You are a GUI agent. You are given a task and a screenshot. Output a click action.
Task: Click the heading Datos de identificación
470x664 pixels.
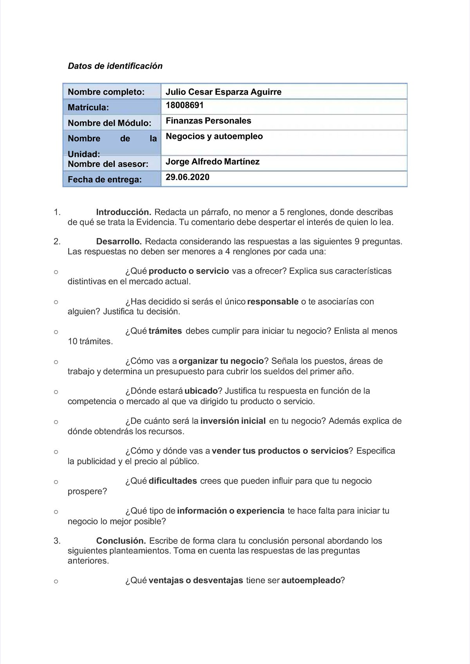tap(115, 66)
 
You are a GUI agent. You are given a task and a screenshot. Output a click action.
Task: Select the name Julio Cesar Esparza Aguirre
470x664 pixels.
tap(223, 92)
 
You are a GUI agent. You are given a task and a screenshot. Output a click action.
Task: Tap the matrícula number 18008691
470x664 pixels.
tap(184, 105)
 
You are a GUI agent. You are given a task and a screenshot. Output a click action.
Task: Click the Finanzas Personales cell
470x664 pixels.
tap(208, 121)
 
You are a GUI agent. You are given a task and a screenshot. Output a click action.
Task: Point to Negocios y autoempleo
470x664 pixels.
tap(214, 136)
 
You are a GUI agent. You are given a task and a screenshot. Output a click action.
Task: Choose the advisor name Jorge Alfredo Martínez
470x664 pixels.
tap(212, 162)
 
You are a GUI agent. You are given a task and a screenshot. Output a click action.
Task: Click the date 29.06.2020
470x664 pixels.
tap(187, 177)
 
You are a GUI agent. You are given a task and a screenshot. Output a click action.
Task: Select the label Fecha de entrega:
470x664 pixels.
tap(105, 179)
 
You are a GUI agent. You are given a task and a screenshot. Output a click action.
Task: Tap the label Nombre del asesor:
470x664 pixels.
tap(108, 164)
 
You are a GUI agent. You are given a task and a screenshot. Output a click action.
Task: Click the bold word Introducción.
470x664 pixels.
tap(124, 212)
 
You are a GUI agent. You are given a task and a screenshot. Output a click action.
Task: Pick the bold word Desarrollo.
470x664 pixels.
tap(119, 242)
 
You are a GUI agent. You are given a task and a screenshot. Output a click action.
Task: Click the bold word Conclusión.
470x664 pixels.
tap(121, 541)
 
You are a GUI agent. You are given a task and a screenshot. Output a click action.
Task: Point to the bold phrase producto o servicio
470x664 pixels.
tap(189, 271)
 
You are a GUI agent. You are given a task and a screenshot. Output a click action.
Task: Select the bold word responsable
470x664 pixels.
tap(273, 302)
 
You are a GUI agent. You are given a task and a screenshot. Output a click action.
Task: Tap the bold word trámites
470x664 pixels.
tap(165, 331)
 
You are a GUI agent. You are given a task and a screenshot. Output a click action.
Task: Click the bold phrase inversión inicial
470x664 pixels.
tap(233, 421)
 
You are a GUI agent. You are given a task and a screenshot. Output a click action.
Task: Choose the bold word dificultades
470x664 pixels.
tap(173, 481)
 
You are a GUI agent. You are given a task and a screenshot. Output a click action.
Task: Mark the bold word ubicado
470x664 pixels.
tap(201, 391)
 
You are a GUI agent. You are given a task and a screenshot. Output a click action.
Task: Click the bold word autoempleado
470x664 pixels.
tap(311, 581)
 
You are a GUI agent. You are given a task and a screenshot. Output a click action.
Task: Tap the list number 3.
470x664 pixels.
tap(57, 541)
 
